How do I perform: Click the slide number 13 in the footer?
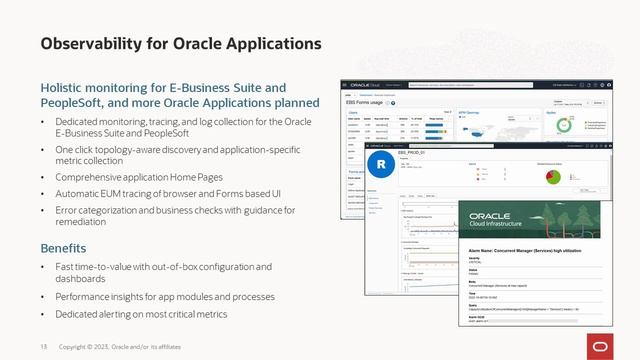coord(43,346)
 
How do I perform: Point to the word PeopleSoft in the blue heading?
coord(75,103)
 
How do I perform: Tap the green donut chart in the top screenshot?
coord(565,127)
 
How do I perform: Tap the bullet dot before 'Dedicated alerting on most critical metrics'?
coord(43,314)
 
